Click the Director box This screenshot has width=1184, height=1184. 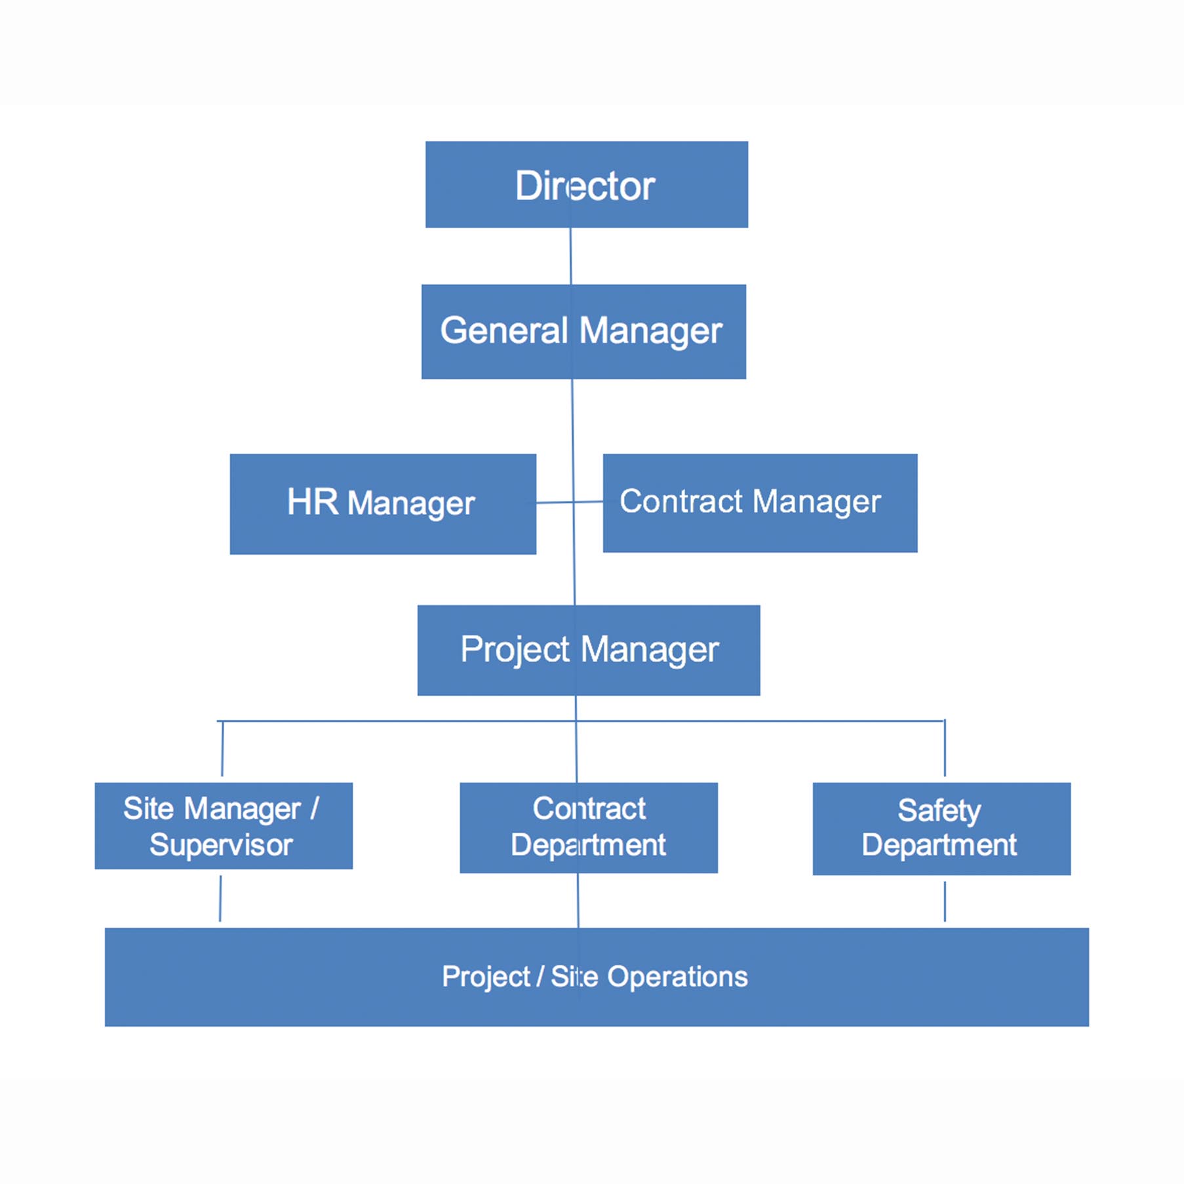coord(586,184)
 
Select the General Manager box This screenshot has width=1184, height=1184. coord(583,331)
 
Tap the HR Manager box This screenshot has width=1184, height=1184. coord(383,503)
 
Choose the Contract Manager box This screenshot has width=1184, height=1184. coord(760,503)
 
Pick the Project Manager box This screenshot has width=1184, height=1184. coord(588,650)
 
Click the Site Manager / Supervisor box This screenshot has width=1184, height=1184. coord(224,825)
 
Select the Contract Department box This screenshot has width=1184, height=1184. coord(588,827)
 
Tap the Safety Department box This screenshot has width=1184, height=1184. coord(941,828)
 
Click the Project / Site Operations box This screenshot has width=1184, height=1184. coord(596,976)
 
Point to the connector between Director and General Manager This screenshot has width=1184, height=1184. coord(570,256)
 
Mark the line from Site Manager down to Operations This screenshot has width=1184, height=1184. coord(220,898)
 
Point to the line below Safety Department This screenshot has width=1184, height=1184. coord(945,901)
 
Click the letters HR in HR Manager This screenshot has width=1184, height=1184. coord(313,502)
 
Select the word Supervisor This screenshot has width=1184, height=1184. coord(221,845)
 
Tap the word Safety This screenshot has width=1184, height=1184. coord(939,810)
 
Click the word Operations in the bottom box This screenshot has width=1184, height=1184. coord(677,977)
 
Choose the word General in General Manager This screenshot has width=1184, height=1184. coord(503,330)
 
